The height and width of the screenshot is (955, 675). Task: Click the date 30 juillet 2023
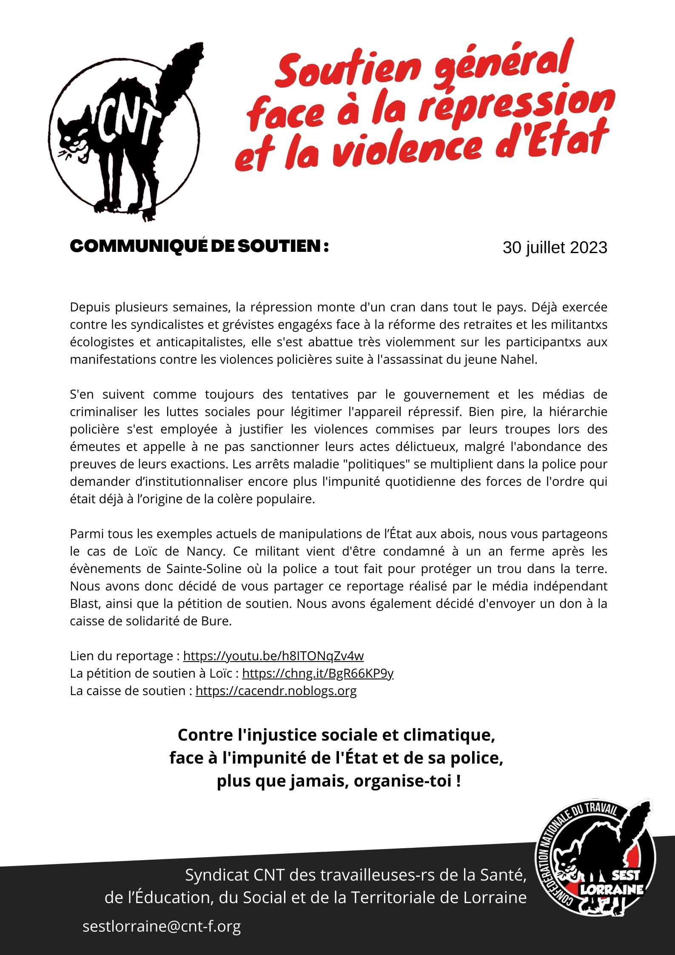pos(555,248)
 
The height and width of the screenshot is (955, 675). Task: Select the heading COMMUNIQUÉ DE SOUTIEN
pos(199,246)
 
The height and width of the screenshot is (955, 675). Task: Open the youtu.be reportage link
pos(273,656)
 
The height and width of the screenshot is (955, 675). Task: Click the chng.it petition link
pos(318,673)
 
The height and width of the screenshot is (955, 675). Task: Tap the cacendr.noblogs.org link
pos(276,691)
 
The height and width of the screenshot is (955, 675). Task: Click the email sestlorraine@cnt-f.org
pos(162,926)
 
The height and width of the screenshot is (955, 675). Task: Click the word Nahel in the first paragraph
pos(518,359)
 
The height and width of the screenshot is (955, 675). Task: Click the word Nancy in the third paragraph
pos(205,551)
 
